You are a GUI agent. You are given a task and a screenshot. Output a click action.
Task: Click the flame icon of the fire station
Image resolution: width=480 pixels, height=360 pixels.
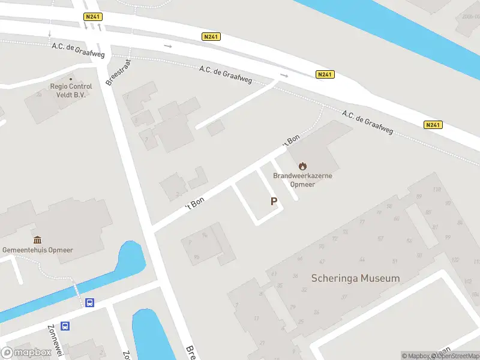coord(302,166)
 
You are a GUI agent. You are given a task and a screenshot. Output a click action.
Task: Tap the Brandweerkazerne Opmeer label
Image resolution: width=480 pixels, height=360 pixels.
coord(302,180)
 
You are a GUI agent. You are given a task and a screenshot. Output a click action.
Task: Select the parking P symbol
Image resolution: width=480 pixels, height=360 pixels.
coord(274,202)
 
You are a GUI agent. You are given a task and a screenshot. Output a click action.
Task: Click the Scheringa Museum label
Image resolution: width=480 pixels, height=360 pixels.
coord(355,278)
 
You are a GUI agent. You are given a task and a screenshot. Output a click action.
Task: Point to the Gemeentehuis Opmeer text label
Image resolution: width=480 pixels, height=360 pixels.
coord(37,250)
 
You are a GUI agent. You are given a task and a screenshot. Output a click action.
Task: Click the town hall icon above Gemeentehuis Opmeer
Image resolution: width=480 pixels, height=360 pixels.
coord(37,240)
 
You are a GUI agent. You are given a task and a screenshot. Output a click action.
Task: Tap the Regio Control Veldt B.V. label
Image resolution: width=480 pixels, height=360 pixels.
coord(71,91)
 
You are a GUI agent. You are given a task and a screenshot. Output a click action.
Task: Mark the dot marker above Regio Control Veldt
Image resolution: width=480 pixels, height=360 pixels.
coord(71,79)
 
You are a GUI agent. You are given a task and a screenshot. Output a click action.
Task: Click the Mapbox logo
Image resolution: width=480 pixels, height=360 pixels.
coord(26,352)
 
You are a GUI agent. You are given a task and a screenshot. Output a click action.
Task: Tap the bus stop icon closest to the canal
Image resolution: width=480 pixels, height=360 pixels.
coord(89,303)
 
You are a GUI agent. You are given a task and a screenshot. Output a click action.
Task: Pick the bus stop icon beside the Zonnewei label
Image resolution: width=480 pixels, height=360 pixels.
coord(65,326)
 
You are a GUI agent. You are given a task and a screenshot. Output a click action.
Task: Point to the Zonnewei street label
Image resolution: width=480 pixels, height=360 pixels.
coord(55,341)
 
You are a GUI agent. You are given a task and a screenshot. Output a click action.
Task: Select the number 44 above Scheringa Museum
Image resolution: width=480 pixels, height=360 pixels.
coord(361,260)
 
